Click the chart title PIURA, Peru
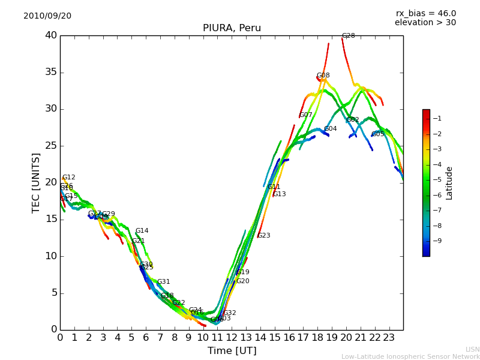coord(232,28)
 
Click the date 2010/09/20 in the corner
coord(47,16)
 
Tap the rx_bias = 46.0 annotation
coord(425,14)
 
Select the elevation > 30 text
coord(425,23)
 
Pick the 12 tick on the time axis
coord(232,338)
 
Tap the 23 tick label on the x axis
coord(389,338)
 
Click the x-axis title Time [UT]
coord(232,350)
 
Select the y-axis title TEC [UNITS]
coord(37,182)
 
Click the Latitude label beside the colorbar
coord(449,183)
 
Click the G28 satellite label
coord(348,36)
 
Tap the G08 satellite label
coord(323,76)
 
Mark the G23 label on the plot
coord(263,236)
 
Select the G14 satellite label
coord(142,231)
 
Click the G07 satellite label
coord(305,115)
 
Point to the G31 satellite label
coord(163,282)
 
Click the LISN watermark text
coord(472,349)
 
